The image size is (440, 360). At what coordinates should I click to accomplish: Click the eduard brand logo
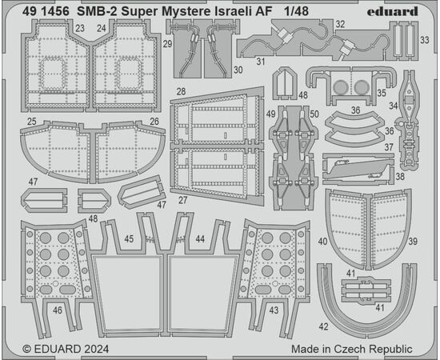pyautogui.click(x=392, y=11)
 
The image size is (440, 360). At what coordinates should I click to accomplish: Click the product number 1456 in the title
pyautogui.click(x=55, y=11)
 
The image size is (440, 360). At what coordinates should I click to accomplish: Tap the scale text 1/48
pyautogui.click(x=296, y=11)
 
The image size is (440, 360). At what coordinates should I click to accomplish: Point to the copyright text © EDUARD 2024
pyautogui.click(x=66, y=349)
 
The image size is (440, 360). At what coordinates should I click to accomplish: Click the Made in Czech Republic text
pyautogui.click(x=352, y=349)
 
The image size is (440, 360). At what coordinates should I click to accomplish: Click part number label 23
pyautogui.click(x=80, y=28)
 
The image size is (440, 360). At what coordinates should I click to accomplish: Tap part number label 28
pyautogui.click(x=182, y=91)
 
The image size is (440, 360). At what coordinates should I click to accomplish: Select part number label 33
pyautogui.click(x=425, y=40)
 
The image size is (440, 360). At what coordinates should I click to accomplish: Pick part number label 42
pyautogui.click(x=323, y=326)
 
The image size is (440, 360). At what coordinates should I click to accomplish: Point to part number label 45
pyautogui.click(x=129, y=238)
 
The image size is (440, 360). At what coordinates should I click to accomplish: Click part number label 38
pyautogui.click(x=400, y=177)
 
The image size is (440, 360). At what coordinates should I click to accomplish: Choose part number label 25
pyautogui.click(x=32, y=122)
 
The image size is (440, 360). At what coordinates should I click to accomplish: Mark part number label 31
pyautogui.click(x=261, y=62)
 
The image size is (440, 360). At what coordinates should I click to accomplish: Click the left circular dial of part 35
pyautogui.click(x=341, y=87)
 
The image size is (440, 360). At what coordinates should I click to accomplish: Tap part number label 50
pyautogui.click(x=314, y=114)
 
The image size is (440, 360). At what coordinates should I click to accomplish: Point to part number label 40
pyautogui.click(x=322, y=242)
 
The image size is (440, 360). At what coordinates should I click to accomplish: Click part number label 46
pyautogui.click(x=58, y=310)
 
